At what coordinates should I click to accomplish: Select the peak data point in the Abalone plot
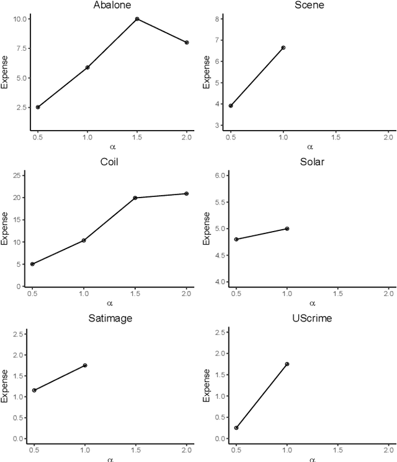[x=136, y=19]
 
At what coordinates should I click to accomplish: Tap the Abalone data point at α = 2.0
[x=187, y=42]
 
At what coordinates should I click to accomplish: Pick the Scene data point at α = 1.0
[x=283, y=47]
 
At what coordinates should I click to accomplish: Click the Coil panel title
[x=109, y=162]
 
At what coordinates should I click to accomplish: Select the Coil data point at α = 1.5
[x=135, y=198]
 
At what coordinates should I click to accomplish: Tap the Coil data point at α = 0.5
[x=32, y=264]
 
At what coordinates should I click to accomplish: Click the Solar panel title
[x=312, y=162]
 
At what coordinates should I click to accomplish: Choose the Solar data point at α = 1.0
[x=287, y=229]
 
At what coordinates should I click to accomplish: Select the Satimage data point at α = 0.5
[x=34, y=390]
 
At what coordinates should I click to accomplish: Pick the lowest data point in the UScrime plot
[x=236, y=428]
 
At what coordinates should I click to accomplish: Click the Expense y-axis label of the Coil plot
[x=5, y=229]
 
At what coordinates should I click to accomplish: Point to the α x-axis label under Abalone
[x=110, y=147]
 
